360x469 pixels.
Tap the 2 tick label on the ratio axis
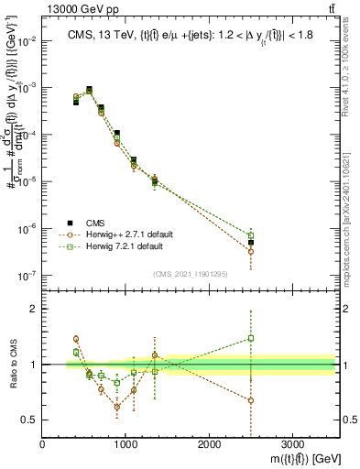click(35, 309)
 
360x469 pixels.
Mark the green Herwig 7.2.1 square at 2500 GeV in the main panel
click(251, 235)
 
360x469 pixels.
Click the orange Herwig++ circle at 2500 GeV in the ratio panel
click(251, 400)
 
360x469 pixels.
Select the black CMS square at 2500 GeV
click(251, 243)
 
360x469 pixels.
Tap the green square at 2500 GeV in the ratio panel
click(251, 338)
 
